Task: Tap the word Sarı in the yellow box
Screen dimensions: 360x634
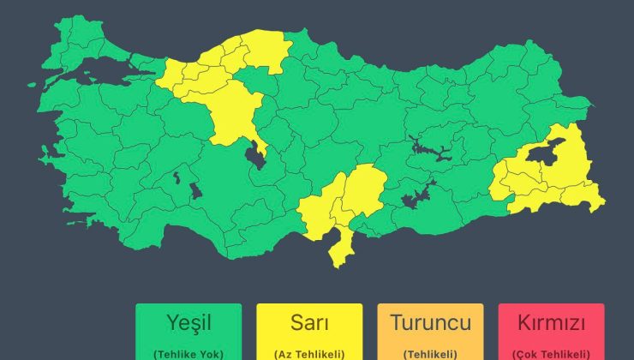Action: [308, 323]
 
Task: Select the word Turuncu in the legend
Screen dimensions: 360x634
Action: [430, 323]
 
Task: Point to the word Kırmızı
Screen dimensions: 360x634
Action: [552, 324]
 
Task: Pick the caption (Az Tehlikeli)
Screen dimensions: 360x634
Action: [308, 353]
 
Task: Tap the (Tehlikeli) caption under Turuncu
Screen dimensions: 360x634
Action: [430, 353]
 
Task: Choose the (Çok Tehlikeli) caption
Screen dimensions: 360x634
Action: [552, 353]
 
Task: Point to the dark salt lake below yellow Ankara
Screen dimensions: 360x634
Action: [255, 155]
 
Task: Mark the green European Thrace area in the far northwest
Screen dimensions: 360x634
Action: [73, 41]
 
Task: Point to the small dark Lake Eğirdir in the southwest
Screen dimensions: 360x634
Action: [176, 179]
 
